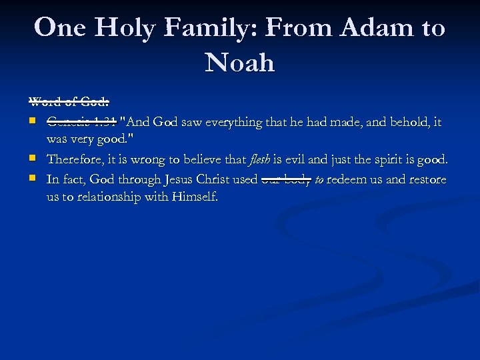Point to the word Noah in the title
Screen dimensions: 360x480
pyautogui.click(x=240, y=63)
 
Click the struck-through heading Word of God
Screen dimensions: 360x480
pyautogui.click(x=69, y=102)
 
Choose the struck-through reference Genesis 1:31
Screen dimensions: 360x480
pyautogui.click(x=81, y=122)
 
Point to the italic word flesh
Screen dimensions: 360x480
pyautogui.click(x=260, y=160)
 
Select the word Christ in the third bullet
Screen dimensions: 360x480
pyautogui.click(x=214, y=179)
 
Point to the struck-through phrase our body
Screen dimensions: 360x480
pyautogui.click(x=287, y=179)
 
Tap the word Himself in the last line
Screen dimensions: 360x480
pyautogui.click(x=193, y=198)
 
